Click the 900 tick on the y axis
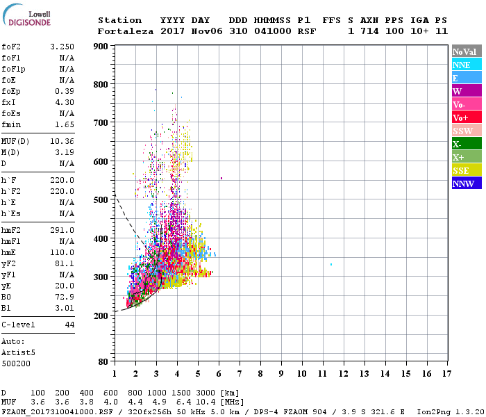103,47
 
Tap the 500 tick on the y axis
103,200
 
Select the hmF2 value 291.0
62,230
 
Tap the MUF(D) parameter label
15,141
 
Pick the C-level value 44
69,325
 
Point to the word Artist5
18,352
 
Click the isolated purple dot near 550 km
221,179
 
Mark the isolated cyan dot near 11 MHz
331,265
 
